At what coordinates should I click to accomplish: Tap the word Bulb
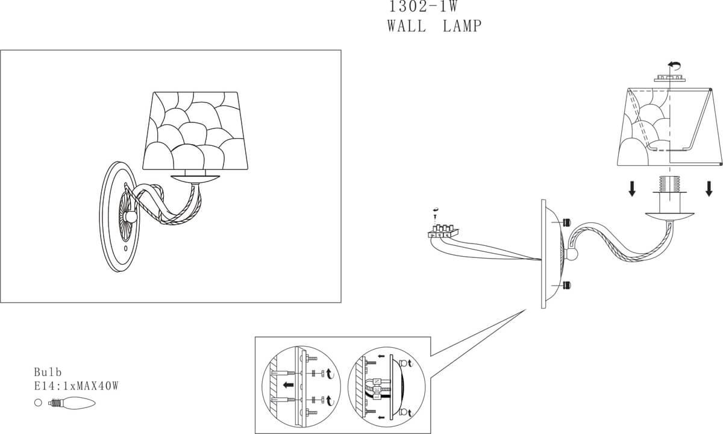click(x=48, y=373)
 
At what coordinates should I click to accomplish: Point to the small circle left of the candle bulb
click(x=37, y=402)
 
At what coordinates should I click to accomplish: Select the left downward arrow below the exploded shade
click(x=632, y=189)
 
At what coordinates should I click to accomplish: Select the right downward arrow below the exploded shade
click(x=709, y=189)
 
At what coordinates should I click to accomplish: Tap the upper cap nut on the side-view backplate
click(x=566, y=223)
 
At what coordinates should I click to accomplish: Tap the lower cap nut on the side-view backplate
click(x=566, y=285)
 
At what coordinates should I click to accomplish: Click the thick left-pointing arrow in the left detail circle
click(x=290, y=383)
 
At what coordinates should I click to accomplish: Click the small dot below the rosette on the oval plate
click(x=125, y=248)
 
